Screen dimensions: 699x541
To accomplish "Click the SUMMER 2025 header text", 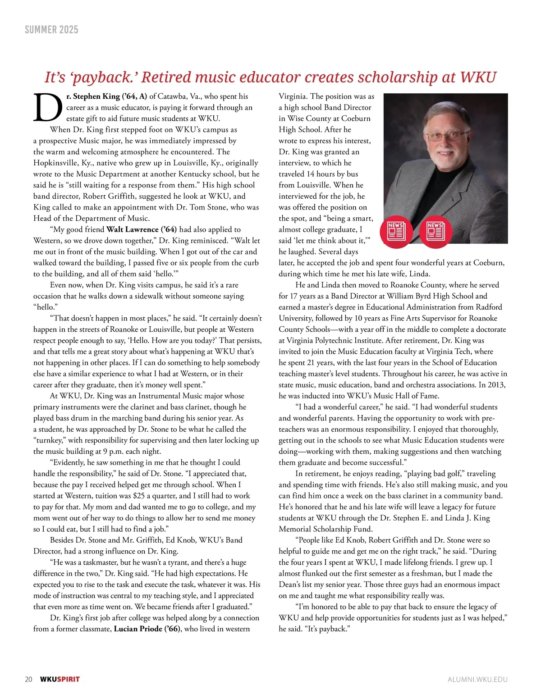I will (x=51, y=30).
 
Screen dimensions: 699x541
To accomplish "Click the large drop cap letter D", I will (x=47, y=108).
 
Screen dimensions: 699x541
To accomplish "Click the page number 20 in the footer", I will (x=28, y=679).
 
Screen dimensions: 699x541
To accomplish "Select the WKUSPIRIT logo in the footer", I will (x=60, y=679).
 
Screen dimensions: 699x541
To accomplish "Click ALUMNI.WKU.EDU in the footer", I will (x=477, y=679).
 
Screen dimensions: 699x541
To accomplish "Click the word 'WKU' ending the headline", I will (x=478, y=77).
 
